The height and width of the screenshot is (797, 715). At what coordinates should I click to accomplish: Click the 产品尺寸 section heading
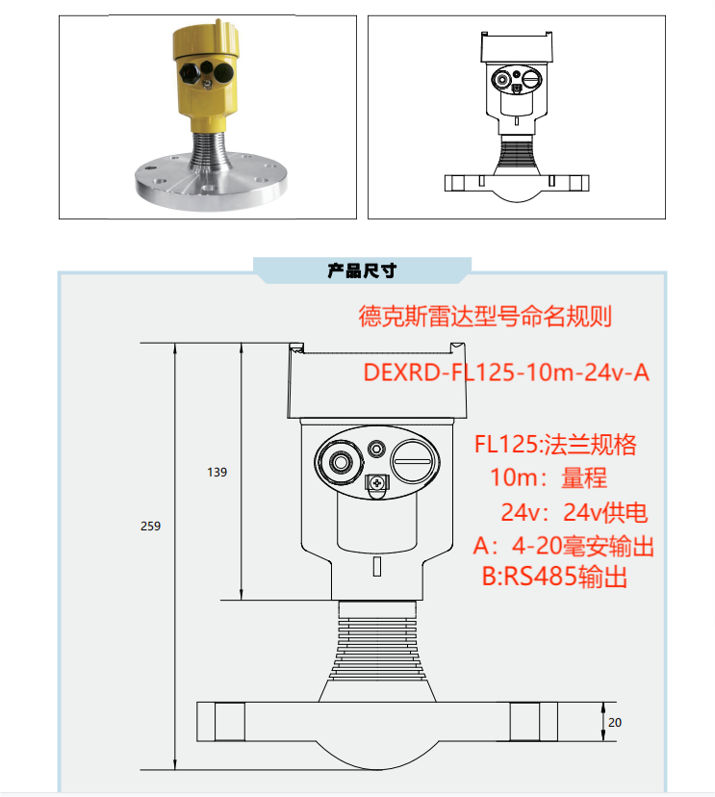click(x=362, y=271)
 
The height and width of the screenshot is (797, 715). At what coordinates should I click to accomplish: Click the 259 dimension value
click(x=150, y=527)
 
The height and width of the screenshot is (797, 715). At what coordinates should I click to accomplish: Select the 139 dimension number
click(x=217, y=473)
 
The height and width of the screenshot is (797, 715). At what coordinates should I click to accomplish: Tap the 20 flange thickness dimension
click(x=615, y=723)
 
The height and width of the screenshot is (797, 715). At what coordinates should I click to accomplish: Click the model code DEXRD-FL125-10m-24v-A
click(x=505, y=373)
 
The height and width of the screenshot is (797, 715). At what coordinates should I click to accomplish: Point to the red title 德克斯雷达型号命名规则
click(x=485, y=317)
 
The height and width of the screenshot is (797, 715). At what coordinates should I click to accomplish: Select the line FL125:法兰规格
click(x=555, y=445)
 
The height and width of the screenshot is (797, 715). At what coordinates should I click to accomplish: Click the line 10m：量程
click(x=549, y=477)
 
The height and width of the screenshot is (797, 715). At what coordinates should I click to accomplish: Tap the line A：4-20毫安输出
click(x=564, y=546)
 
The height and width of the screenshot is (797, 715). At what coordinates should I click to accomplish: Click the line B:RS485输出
click(x=554, y=578)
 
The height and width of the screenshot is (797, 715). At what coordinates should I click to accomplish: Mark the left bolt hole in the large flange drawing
click(x=228, y=721)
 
